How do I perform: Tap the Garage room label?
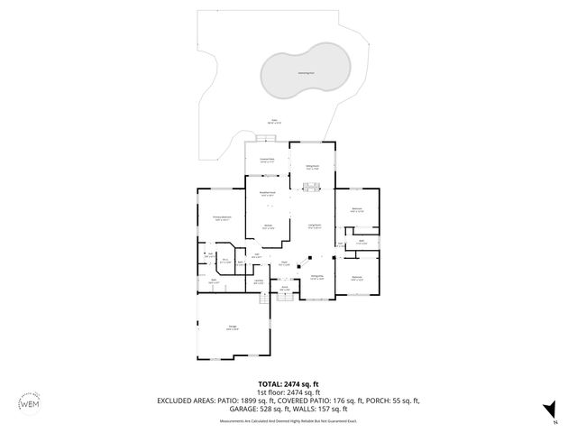[x=233, y=329]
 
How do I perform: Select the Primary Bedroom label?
[x=222, y=218]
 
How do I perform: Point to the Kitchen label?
[x=268, y=226]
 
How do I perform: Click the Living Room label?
[x=315, y=226]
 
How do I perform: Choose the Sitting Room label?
[x=311, y=168]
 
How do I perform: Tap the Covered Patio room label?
[x=268, y=161]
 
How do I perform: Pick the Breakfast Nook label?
[x=268, y=194]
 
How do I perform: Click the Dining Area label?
[x=317, y=277]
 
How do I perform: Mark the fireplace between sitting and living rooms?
[x=311, y=188]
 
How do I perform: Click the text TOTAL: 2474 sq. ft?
[x=288, y=382]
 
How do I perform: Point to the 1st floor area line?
[x=288, y=392]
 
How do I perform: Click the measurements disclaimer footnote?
[x=288, y=419]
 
